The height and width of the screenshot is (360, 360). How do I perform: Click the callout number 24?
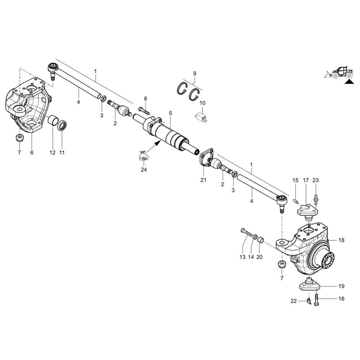pos(144,170)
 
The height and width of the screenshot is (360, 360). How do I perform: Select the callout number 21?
pos(203,180)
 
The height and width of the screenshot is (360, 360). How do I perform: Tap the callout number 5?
pos(170,113)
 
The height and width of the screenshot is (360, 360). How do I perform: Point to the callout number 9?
pos(195,73)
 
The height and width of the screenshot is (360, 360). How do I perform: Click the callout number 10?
pos(202,103)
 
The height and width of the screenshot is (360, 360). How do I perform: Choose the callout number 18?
pos(341,240)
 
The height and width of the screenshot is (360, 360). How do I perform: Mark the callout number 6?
pos(32,153)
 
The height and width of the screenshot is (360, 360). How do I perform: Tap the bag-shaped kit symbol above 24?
pos(144,156)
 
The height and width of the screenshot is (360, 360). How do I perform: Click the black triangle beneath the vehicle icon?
pos(348,82)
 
